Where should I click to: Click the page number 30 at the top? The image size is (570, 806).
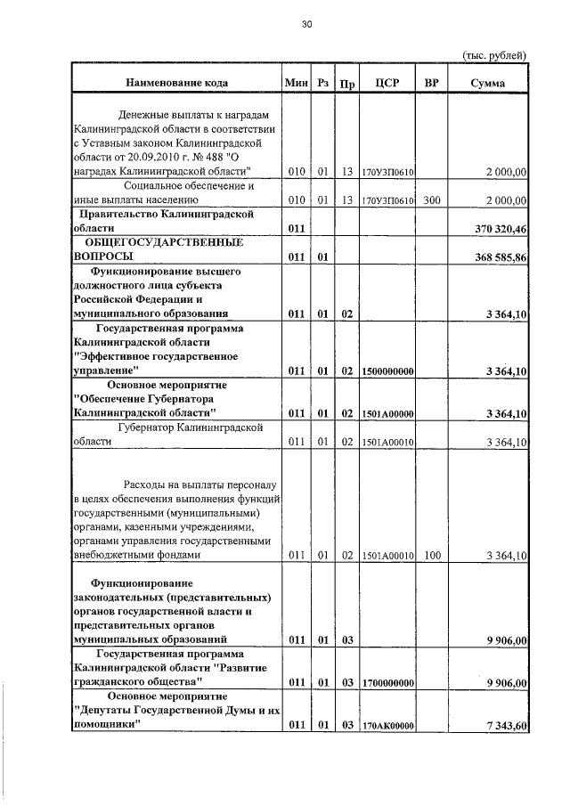click(x=306, y=25)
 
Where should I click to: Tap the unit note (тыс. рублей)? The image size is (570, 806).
click(x=494, y=55)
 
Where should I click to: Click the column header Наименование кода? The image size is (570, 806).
click(x=176, y=83)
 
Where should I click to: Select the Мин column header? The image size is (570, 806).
click(x=296, y=83)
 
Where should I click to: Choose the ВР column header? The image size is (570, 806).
click(x=432, y=83)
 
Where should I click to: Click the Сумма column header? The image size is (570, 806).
click(x=489, y=83)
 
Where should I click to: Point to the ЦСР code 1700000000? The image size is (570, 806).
click(x=387, y=682)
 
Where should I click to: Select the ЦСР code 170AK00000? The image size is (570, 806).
click(x=387, y=726)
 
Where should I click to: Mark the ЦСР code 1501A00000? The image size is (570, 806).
click(x=387, y=414)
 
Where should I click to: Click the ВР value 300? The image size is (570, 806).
click(x=432, y=200)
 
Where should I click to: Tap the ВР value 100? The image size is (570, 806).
click(x=432, y=556)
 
